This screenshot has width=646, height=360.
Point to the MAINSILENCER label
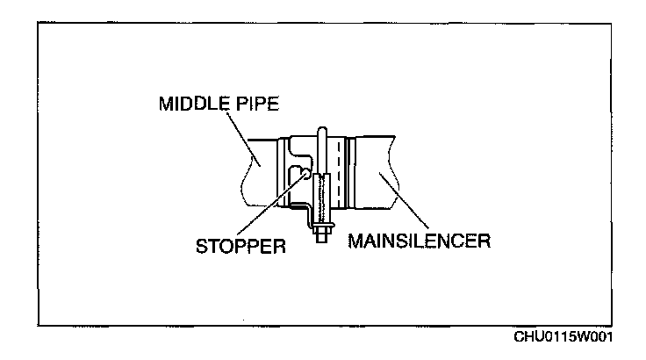click(419, 240)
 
